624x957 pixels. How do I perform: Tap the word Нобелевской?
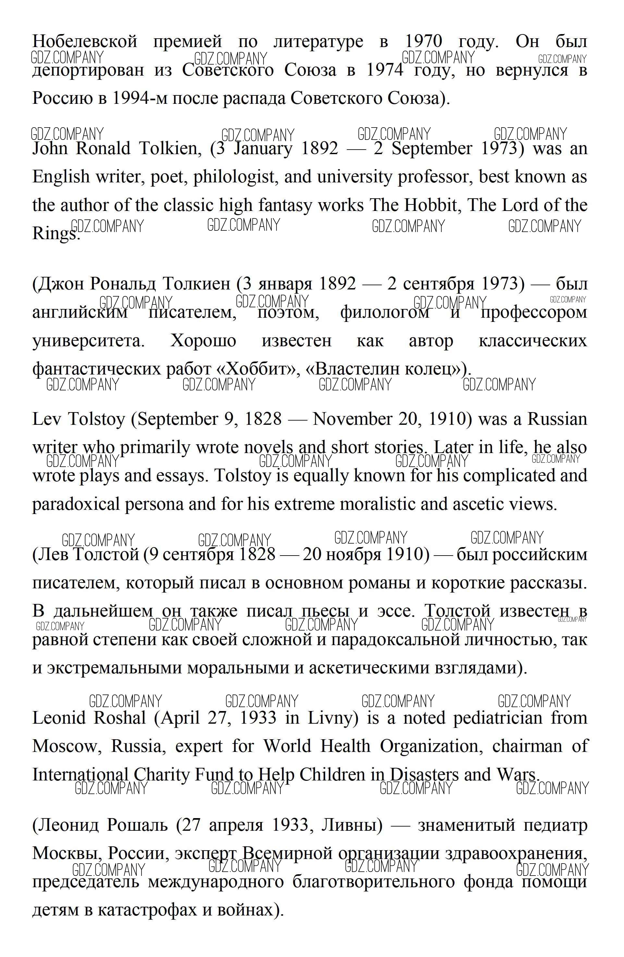click(85, 41)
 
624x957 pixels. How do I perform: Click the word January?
click(263, 148)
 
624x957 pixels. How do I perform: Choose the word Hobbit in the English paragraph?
click(431, 205)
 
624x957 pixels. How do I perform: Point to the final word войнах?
click(247, 910)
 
